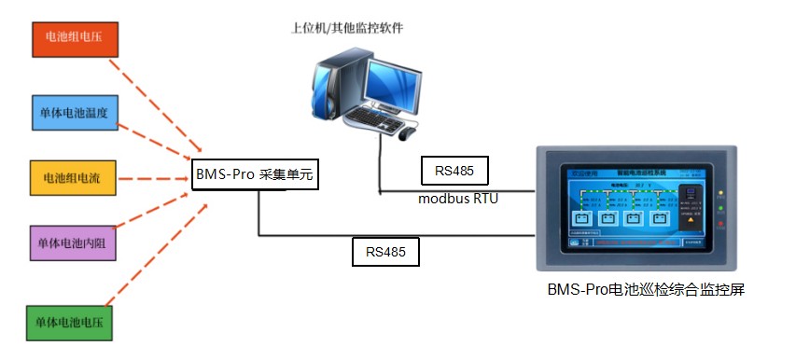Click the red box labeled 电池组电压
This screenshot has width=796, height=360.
pos(74,38)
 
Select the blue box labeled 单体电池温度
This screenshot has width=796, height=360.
pos(74,112)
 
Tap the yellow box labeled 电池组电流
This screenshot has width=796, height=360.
pos(74,177)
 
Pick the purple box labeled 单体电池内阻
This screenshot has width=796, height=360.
pos(74,243)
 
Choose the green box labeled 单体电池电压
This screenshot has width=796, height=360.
pos(74,322)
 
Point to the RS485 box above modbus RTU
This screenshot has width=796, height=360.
pos(454,171)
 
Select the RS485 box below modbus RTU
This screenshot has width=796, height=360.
pos(385,251)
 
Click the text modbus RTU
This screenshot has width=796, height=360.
pos(458,198)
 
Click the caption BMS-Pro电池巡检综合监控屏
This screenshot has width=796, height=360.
pos(645,289)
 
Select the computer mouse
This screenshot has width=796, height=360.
pos(407,134)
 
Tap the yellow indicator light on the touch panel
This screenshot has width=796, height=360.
pos(720,195)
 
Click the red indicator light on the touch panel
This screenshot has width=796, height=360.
pos(720,225)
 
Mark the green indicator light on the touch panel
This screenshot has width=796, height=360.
pos(720,210)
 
